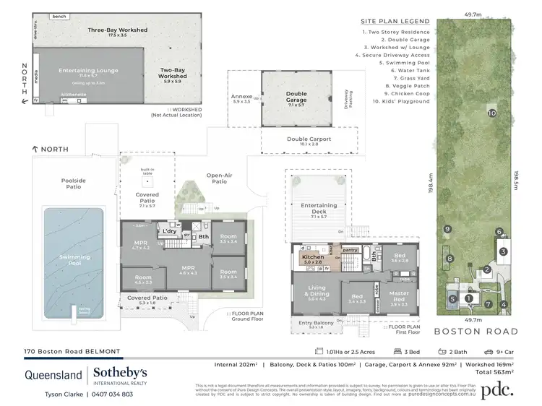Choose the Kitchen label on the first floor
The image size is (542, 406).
(314, 258)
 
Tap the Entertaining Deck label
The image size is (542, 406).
(319, 210)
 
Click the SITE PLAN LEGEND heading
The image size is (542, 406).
(395, 21)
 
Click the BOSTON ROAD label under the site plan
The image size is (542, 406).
(476, 332)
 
